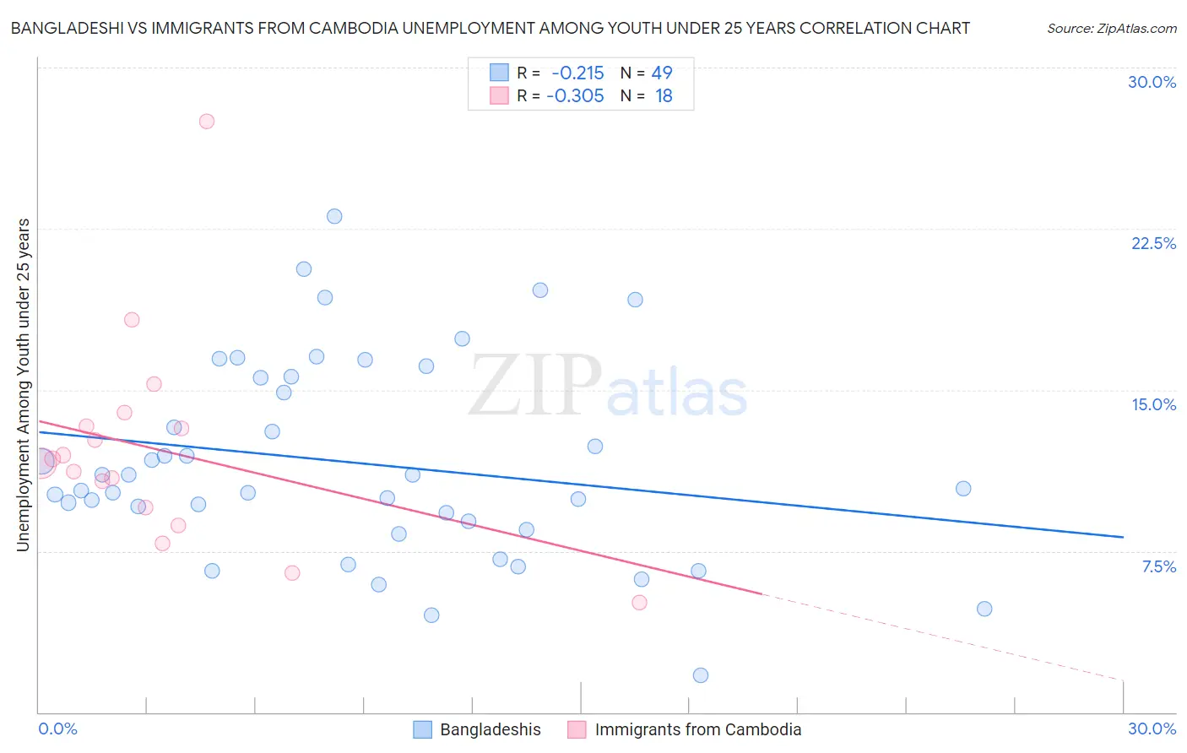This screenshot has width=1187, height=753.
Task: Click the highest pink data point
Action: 207,122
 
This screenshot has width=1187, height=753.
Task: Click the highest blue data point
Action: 334,216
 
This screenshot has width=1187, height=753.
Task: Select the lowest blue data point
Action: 701,675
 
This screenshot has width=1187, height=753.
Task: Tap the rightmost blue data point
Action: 984,609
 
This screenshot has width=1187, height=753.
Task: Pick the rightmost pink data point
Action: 639,603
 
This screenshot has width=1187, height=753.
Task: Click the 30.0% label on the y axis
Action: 1152,82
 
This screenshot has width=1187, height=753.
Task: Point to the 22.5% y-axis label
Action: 1153,243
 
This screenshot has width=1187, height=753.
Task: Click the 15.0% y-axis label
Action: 1153,404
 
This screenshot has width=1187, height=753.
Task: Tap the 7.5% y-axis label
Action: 1158,566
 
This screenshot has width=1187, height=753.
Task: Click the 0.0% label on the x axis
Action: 58,729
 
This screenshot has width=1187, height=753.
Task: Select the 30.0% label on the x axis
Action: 1152,729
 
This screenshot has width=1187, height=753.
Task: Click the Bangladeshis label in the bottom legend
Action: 491,729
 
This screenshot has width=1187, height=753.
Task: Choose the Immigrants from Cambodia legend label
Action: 698,729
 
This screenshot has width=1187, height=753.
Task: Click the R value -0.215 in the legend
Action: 577,73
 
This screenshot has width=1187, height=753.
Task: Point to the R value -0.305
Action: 575,96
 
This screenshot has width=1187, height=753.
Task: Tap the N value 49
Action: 662,73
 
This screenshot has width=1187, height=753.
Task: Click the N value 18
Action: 664,96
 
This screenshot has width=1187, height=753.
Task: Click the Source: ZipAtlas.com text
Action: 1112,29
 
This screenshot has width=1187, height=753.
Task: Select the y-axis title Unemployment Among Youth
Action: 24,385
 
